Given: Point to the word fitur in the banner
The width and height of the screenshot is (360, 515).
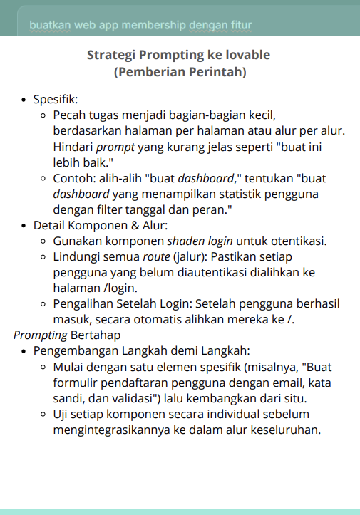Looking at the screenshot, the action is (x=240, y=26).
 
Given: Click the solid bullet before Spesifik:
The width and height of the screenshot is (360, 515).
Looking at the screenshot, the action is (x=25, y=100).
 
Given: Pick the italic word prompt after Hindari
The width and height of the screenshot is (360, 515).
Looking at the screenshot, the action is (x=115, y=147).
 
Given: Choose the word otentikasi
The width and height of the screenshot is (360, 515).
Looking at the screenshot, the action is (x=295, y=241).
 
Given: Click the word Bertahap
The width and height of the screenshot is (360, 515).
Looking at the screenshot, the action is (x=95, y=335).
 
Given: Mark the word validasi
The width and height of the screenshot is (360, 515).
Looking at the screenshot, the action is (x=113, y=397).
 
